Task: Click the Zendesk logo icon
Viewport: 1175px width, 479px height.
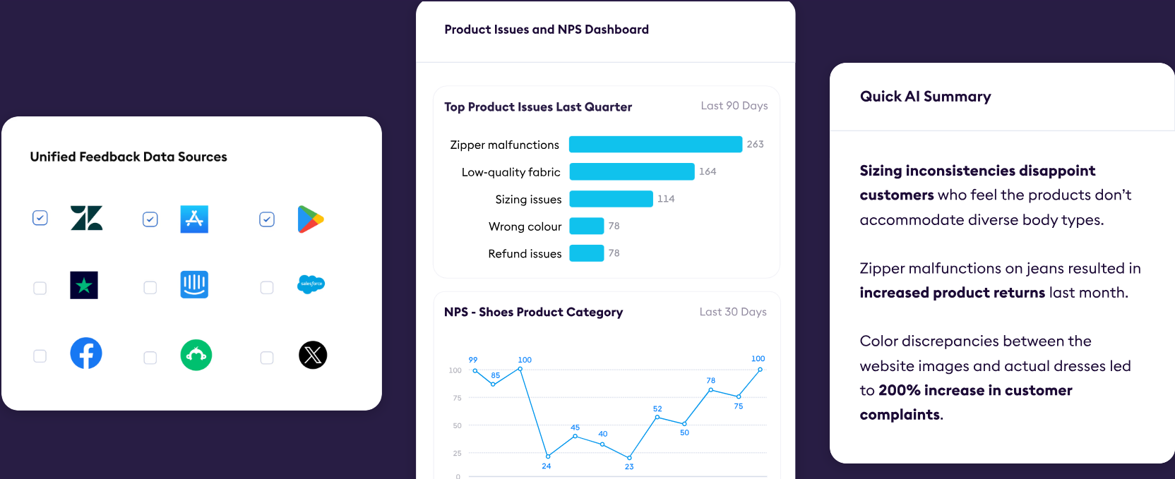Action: coord(87,218)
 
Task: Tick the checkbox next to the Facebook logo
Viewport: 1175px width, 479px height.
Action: coord(40,356)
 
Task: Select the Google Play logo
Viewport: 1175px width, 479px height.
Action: coord(311,219)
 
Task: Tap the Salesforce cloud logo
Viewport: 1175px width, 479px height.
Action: coord(311,284)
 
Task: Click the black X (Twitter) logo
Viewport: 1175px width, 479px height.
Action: coord(313,356)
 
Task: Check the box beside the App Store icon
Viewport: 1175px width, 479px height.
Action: coord(150,219)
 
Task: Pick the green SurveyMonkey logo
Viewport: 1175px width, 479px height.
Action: coord(196,356)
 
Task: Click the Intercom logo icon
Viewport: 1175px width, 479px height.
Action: coord(194,284)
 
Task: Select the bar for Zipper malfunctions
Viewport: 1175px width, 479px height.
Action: coord(656,144)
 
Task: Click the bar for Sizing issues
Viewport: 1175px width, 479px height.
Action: coord(611,199)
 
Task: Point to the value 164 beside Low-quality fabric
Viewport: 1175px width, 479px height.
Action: coord(708,171)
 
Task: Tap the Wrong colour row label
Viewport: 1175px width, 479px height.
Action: coord(525,226)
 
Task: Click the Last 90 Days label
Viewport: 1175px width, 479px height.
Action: coord(734,106)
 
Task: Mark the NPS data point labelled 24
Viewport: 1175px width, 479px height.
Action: coord(548,456)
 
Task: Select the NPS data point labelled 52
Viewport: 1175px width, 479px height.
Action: coord(657,417)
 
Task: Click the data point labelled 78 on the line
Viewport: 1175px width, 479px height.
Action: coord(711,390)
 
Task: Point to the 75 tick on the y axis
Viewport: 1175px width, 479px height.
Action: coord(457,398)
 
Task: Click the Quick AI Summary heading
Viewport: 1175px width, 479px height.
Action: coord(925,97)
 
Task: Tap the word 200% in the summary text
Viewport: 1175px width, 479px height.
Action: coord(900,390)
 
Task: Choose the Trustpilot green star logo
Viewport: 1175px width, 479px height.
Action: coord(84,285)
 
